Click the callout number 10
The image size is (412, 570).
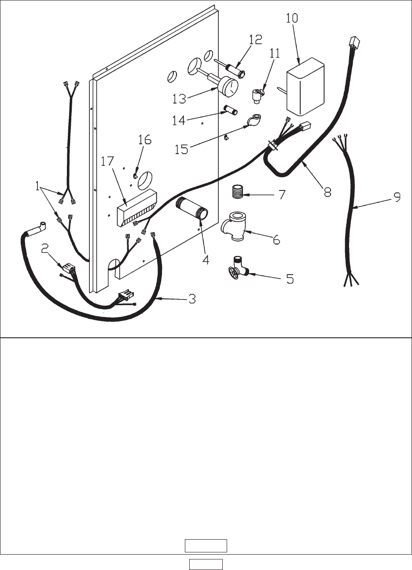pos(292,18)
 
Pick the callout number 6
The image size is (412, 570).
pos(276,240)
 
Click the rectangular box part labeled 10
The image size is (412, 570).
pos(305,87)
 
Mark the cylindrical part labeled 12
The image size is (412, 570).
pos(235,68)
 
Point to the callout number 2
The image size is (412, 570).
pos(45,249)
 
